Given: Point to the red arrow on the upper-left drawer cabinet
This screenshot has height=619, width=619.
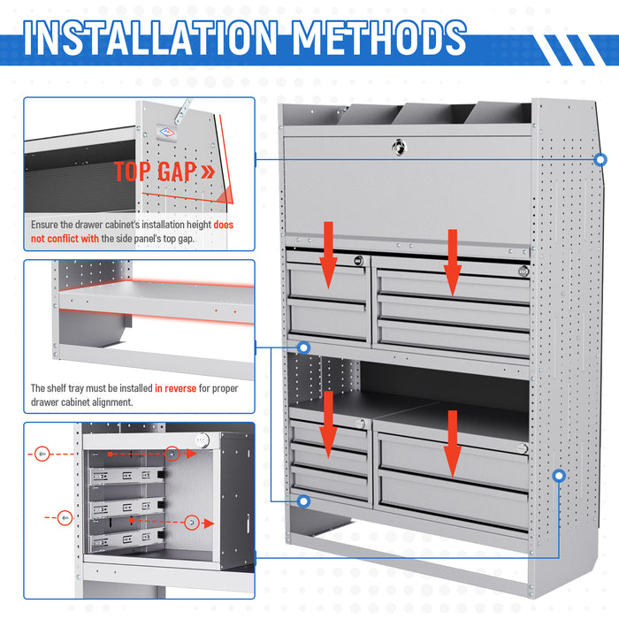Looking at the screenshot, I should point(328,256).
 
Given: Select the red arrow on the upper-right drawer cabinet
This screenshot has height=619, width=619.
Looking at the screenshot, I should point(453,261).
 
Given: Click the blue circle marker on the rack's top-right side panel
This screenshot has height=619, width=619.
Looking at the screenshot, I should point(600,160).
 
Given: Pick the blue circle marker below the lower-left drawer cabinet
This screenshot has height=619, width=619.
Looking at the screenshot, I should point(304,501).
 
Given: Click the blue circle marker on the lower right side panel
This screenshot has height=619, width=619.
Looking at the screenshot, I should point(558,476).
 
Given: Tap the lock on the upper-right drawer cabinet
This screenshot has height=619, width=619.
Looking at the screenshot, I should point(523,271).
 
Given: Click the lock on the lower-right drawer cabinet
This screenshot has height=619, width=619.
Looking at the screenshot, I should point(523,449).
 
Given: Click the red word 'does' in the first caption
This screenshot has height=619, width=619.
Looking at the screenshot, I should point(224,225).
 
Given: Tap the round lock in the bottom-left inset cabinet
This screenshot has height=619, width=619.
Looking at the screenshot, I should point(203,439).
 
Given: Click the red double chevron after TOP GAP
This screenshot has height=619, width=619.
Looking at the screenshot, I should point(207,172).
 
